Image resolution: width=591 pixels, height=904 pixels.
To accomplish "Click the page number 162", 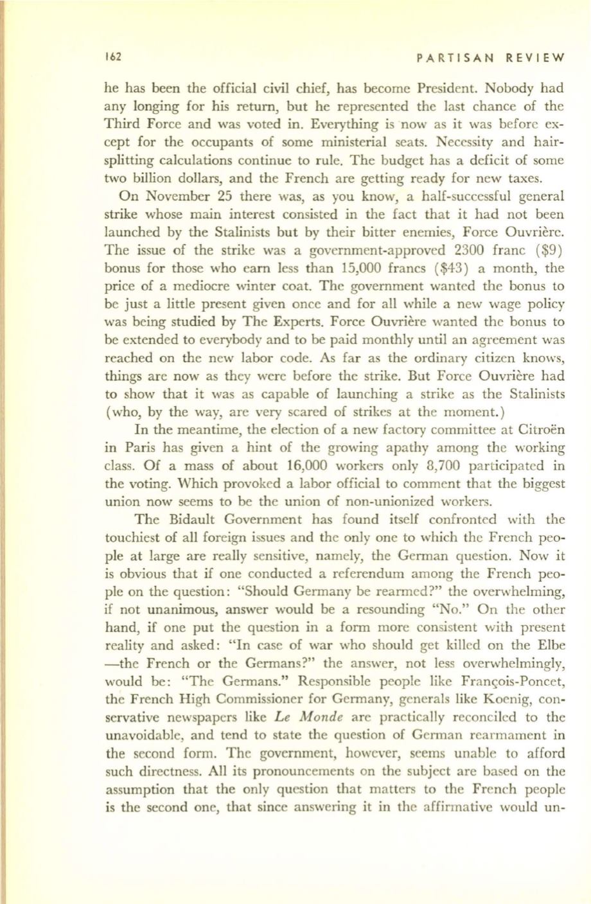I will (113, 56).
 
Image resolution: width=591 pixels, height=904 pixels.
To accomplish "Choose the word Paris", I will (134, 448).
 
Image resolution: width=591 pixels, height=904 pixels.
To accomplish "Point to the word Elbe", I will (550, 646).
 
